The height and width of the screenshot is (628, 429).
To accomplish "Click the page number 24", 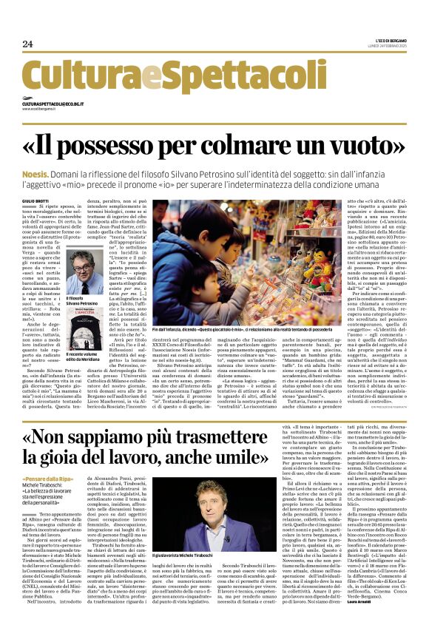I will [28, 44].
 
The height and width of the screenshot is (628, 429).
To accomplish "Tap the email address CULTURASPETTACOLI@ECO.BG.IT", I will [53, 105].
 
